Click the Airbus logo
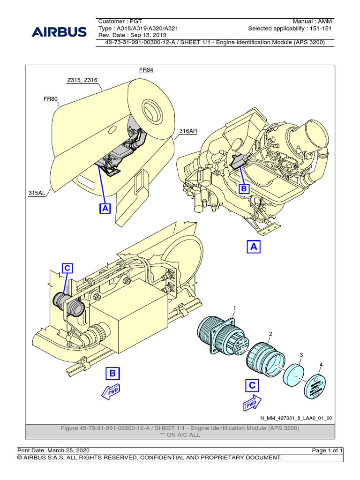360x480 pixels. (59, 32)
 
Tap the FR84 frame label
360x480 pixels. (146, 70)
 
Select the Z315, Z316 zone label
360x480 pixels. (82, 80)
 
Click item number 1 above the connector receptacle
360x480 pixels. (234, 307)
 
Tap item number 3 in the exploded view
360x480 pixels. (302, 354)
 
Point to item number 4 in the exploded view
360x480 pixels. (321, 364)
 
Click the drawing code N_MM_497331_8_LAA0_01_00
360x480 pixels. (296, 418)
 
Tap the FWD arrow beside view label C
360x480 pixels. (251, 403)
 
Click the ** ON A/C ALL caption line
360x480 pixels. (180, 435)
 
